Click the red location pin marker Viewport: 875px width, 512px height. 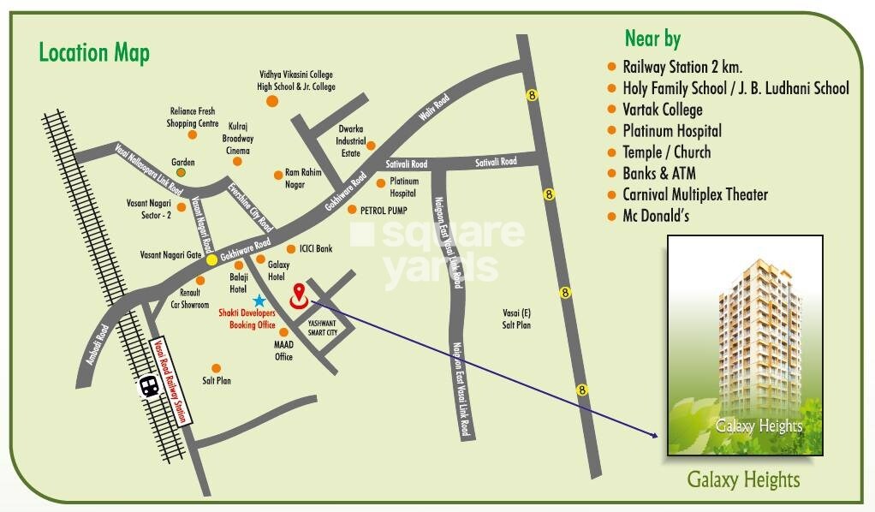click(x=298, y=294)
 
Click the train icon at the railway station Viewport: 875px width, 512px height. click(x=148, y=386)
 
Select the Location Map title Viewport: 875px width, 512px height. click(x=94, y=53)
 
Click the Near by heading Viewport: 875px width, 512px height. click(x=652, y=39)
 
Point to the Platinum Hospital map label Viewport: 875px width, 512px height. click(x=404, y=188)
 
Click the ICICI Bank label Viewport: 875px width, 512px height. click(x=315, y=249)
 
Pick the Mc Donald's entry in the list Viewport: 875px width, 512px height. click(x=658, y=216)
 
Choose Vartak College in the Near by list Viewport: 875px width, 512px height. click(x=662, y=110)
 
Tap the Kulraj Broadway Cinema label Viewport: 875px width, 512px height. click(x=238, y=138)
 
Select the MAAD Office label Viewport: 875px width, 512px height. click(x=283, y=350)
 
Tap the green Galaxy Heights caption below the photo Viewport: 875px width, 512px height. click(x=743, y=479)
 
